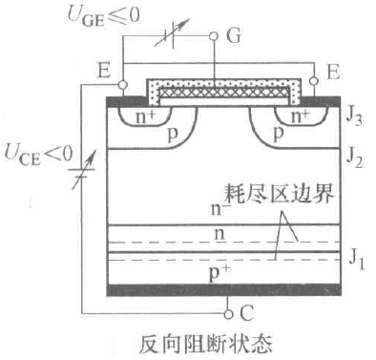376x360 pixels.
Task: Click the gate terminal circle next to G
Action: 214,36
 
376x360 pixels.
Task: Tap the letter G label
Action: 234,35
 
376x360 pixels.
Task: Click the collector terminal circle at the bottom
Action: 228,314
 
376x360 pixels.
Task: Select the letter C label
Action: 246,313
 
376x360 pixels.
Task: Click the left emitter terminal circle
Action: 122,85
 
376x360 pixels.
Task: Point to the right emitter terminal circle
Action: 314,81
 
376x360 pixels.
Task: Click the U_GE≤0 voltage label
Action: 104,16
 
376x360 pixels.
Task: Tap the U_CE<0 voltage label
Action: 38,155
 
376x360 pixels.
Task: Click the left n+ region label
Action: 145,116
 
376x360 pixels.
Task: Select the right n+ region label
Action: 301,116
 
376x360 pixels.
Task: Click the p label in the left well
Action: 173,135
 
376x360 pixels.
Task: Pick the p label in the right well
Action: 279,135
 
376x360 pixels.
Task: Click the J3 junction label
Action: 354,116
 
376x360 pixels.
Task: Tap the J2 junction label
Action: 354,159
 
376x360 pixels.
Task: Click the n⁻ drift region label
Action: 219,208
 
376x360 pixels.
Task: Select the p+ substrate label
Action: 219,273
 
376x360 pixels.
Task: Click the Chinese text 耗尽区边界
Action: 279,194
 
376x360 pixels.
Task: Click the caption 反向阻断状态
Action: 206,343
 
